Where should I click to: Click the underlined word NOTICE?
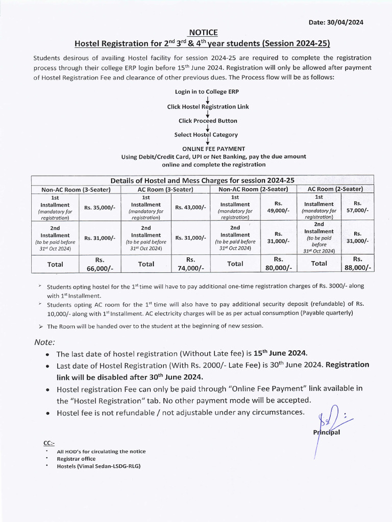click(x=203, y=33)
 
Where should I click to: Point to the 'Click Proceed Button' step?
click(x=208, y=121)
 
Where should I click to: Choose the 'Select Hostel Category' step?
click(x=206, y=135)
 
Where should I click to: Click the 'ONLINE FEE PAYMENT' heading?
click(x=207, y=149)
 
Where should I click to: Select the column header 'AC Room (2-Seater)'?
click(x=335, y=189)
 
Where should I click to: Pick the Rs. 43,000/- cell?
click(x=190, y=207)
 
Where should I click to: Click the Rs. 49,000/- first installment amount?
click(x=278, y=207)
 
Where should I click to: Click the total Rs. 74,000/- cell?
click(x=190, y=264)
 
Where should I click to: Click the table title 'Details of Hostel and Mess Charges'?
click(x=203, y=180)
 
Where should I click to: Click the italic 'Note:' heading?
click(x=44, y=342)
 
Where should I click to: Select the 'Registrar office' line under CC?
click(x=76, y=459)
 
